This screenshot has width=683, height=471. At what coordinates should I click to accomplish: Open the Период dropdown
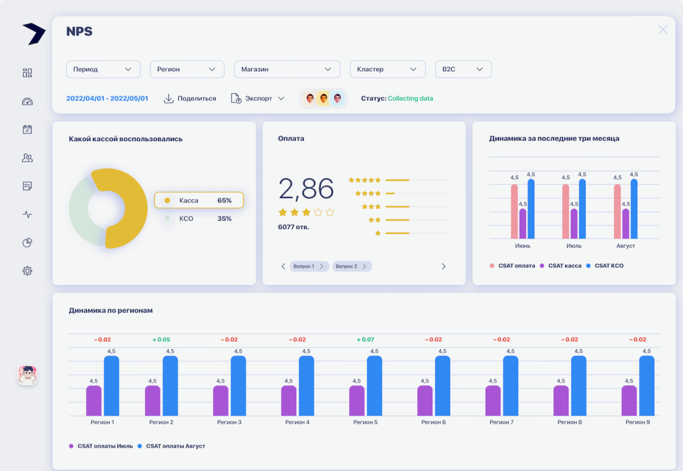click(x=103, y=69)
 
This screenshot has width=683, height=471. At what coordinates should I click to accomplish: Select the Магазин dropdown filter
click(x=287, y=69)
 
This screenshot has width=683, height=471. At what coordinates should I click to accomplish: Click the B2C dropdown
click(x=463, y=69)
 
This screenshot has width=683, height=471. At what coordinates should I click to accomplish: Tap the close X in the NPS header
click(x=663, y=30)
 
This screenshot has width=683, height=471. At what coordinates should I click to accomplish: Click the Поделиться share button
click(x=190, y=99)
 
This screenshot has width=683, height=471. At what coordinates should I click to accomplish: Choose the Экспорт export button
click(x=258, y=99)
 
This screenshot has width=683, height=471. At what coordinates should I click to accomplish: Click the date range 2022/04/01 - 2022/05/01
click(x=107, y=99)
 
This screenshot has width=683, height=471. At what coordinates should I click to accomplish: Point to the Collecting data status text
click(x=410, y=99)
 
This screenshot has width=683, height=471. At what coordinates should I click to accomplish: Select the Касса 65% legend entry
click(x=199, y=201)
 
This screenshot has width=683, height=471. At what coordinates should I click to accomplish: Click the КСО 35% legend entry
click(x=198, y=219)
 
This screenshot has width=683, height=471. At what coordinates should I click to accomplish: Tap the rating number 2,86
click(x=306, y=189)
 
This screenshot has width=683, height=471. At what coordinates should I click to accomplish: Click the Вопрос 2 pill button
click(x=352, y=266)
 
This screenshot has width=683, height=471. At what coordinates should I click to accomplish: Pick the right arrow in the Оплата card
click(x=443, y=266)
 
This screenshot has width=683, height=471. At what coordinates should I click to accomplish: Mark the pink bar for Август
click(x=617, y=212)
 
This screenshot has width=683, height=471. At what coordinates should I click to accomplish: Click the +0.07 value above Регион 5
click(x=367, y=340)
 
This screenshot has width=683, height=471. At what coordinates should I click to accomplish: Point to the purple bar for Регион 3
click(x=220, y=401)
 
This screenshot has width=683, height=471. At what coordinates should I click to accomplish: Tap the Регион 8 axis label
click(x=569, y=422)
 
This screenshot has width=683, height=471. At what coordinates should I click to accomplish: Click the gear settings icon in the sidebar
click(x=28, y=271)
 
